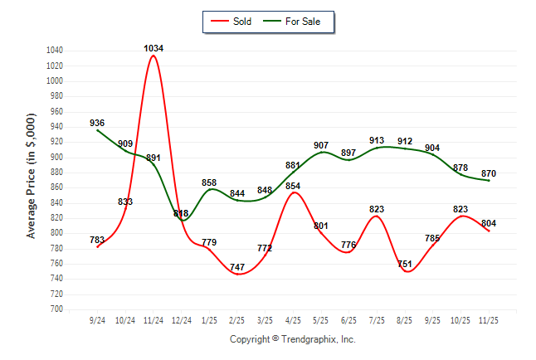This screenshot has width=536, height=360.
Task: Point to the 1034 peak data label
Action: point(153,48)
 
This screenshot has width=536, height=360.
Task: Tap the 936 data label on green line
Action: point(97,123)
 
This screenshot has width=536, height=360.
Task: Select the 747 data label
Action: point(237,268)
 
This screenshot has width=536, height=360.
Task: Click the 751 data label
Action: point(405,265)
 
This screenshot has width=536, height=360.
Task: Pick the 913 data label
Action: point(377,140)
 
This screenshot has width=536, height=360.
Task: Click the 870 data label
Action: point(489,172)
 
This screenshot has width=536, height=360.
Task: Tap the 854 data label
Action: point(293,186)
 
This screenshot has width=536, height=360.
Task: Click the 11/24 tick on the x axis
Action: point(153,319)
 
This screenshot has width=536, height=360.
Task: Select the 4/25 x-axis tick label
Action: point(293,319)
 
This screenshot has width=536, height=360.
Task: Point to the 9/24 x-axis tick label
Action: point(97,319)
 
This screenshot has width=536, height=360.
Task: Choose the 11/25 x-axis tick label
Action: point(489,319)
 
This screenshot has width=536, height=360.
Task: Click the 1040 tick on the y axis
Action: point(55,51)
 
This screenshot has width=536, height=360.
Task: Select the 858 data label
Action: point(209,182)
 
